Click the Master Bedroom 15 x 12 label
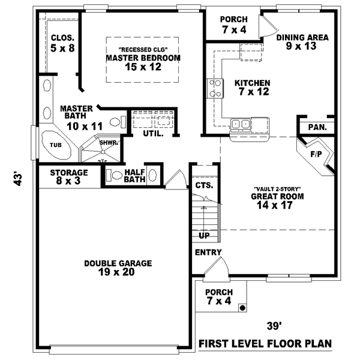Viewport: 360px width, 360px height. pyautogui.click(x=143, y=62)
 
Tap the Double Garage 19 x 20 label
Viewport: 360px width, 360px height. pyautogui.click(x=118, y=268)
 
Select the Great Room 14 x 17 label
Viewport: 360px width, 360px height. pyautogui.click(x=277, y=200)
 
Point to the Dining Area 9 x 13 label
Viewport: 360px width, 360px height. pyautogui.click(x=302, y=41)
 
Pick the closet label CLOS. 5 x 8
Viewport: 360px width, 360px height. pyautogui.click(x=62, y=43)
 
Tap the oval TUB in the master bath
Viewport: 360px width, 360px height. pyautogui.click(x=55, y=145)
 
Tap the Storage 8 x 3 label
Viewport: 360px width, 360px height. pyautogui.click(x=69, y=177)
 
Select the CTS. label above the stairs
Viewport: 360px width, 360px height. pyautogui.click(x=203, y=186)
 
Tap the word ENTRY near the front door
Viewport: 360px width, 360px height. pyautogui.click(x=208, y=253)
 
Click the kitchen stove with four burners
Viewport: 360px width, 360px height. pyautogui.click(x=214, y=88)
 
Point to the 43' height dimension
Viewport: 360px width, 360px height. pyautogui.click(x=19, y=179)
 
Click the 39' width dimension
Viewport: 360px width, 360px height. pyautogui.click(x=274, y=326)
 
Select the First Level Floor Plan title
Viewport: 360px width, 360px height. pyautogui.click(x=265, y=344)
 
